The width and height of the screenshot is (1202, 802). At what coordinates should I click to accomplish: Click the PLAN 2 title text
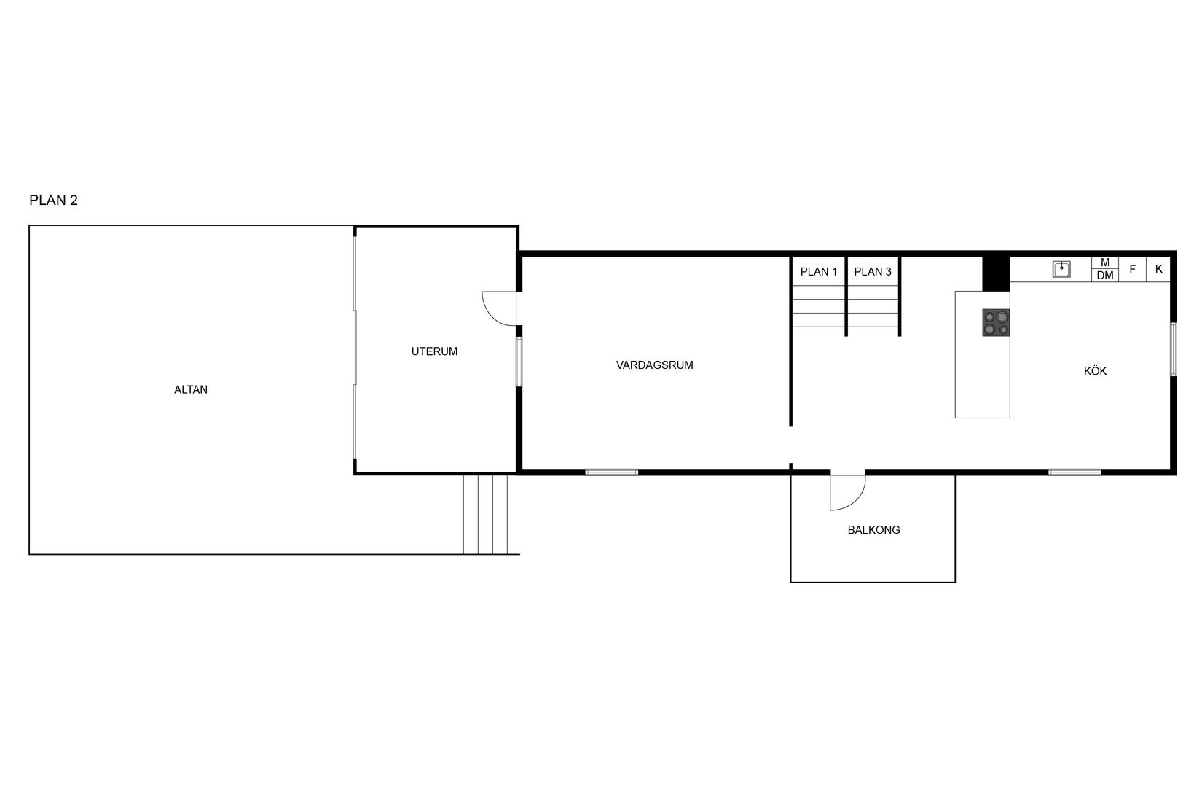pyautogui.click(x=53, y=200)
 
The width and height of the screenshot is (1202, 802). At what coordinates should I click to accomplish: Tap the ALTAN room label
pyautogui.click(x=191, y=390)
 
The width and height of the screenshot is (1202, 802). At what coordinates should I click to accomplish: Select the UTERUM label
pyautogui.click(x=434, y=351)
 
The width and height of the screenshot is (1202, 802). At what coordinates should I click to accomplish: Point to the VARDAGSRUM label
pyautogui.click(x=654, y=365)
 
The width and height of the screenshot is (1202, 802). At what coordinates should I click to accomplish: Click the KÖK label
pyautogui.click(x=1095, y=371)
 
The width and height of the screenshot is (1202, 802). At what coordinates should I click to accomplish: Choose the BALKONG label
pyautogui.click(x=873, y=530)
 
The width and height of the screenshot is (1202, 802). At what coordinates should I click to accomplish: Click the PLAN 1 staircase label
pyautogui.click(x=819, y=272)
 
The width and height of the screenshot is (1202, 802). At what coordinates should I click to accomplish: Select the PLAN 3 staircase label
pyautogui.click(x=873, y=272)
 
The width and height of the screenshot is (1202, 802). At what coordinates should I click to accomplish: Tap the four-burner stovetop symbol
pyautogui.click(x=996, y=322)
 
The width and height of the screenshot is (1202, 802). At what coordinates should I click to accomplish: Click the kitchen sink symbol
pyautogui.click(x=1061, y=269)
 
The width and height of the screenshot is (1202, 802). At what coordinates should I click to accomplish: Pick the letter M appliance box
pyautogui.click(x=1105, y=262)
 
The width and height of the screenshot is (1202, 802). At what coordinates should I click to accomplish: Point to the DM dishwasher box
pyautogui.click(x=1105, y=276)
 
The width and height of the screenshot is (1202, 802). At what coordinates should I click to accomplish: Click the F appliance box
pyautogui.click(x=1132, y=269)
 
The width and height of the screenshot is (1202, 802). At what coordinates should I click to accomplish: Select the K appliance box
pyautogui.click(x=1158, y=269)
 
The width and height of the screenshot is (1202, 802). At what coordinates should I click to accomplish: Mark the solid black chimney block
pyautogui.click(x=996, y=274)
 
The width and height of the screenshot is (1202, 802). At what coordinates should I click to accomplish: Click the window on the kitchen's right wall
pyautogui.click(x=1173, y=349)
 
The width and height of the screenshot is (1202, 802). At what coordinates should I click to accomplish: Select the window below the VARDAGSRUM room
pyautogui.click(x=612, y=472)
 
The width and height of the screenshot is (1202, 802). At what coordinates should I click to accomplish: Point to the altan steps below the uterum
pyautogui.click(x=485, y=514)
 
